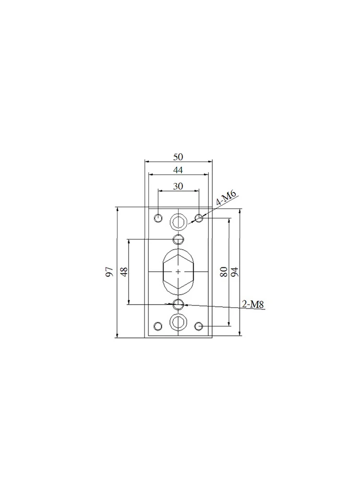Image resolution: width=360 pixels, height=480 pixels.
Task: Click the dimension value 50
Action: click(178, 157)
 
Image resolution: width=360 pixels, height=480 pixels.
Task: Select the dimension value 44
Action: click(178, 170)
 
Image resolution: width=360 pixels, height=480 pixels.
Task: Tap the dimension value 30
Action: click(178, 186)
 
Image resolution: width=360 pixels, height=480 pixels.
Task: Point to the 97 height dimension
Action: click(109, 272)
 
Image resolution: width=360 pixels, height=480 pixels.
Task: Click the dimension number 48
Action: click(124, 272)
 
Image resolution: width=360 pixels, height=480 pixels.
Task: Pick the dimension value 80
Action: click(224, 272)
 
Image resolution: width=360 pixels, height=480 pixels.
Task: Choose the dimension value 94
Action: click(235, 272)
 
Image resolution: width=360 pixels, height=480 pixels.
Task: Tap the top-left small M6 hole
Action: click(158, 218)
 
